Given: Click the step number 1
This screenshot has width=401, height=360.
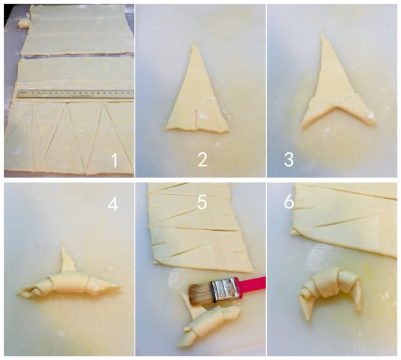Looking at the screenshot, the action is pyautogui.click(x=114, y=160).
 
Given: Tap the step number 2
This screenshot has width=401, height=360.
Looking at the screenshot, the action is pyautogui.click(x=202, y=159).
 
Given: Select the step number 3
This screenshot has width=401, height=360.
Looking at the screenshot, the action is pyautogui.click(x=289, y=159).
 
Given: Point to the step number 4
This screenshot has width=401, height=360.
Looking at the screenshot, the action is pyautogui.click(x=113, y=204).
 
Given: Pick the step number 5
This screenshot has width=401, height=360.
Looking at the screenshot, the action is pyautogui.click(x=202, y=202).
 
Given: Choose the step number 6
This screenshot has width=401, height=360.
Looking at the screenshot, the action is pyautogui.click(x=289, y=202).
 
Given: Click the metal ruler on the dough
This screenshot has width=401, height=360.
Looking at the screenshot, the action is pyautogui.click(x=76, y=93).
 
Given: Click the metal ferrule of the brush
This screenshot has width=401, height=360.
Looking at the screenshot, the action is pyautogui.click(x=225, y=290).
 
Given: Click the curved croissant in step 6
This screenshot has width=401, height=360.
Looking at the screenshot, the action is pyautogui.click(x=330, y=290).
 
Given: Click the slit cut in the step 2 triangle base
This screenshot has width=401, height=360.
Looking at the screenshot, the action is pyautogui.click(x=196, y=120).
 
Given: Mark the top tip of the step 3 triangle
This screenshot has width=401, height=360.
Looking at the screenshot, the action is pyautogui.click(x=322, y=32).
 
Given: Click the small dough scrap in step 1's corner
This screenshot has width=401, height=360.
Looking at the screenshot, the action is pyautogui.click(x=24, y=24).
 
